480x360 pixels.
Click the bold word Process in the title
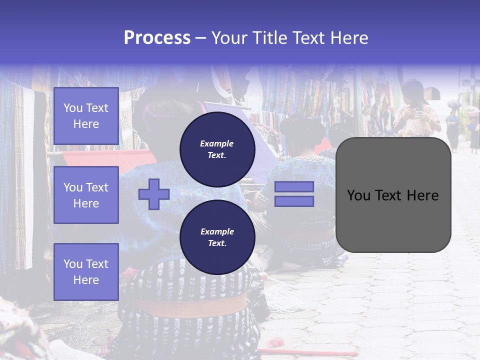(x=157, y=38)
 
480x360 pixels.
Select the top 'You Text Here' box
(x=86, y=116)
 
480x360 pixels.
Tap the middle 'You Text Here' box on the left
(x=86, y=195)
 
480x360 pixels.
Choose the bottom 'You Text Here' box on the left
(x=86, y=271)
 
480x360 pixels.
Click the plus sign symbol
(x=154, y=194)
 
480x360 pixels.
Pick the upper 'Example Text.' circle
(x=217, y=149)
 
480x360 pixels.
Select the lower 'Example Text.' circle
(x=217, y=237)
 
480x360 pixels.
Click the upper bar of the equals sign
(x=294, y=187)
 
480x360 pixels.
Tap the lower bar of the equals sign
(x=294, y=201)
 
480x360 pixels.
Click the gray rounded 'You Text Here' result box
(x=393, y=195)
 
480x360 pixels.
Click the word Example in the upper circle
(x=217, y=143)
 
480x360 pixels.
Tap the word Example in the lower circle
(x=217, y=231)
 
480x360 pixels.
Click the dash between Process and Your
(x=200, y=38)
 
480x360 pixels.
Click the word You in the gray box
(x=358, y=195)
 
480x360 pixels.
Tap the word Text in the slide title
(x=309, y=38)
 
